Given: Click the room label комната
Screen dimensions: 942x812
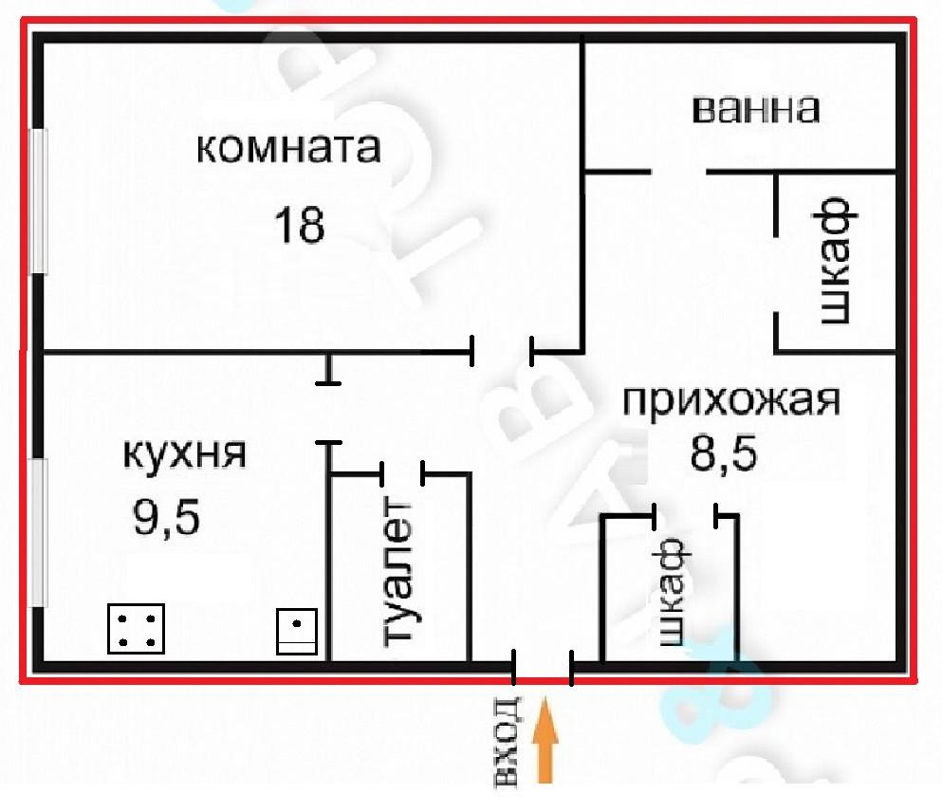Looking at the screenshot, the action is [x=288, y=148].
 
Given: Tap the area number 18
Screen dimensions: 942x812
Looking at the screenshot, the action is [x=299, y=225].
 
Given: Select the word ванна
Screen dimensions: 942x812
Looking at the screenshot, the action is [x=756, y=109].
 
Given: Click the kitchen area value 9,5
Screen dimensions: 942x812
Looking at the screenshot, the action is [x=166, y=518].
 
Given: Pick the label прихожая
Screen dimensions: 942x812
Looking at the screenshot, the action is [x=730, y=400].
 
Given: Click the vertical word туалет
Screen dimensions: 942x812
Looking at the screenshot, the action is [x=398, y=570].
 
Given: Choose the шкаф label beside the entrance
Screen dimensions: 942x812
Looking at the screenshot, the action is [x=672, y=591].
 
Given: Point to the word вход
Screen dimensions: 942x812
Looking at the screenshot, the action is [x=507, y=743].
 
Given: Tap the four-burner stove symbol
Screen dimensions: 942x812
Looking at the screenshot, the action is [x=137, y=629].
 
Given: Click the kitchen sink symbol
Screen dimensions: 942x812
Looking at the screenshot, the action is [x=297, y=631].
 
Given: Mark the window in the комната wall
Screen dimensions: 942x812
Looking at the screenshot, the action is [x=39, y=200].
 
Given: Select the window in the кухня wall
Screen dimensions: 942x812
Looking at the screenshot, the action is [x=39, y=532].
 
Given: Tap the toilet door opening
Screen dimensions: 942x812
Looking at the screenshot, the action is [x=402, y=474].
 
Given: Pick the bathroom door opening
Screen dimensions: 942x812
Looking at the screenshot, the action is [x=678, y=172].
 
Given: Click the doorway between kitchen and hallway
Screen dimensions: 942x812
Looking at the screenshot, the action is [x=328, y=413].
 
